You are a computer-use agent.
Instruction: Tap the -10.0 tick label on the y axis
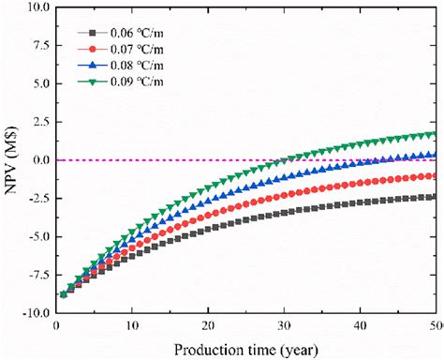[x=34, y=313]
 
